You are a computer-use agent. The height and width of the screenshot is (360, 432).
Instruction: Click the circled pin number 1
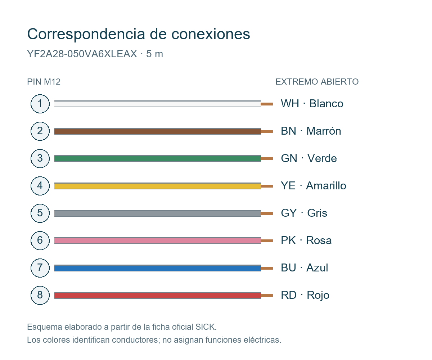point(40,104)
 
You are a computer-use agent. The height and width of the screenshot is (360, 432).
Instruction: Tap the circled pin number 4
point(40,186)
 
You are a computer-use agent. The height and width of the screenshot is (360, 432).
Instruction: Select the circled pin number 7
point(40,268)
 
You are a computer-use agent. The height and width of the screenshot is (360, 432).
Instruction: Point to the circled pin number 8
point(40,295)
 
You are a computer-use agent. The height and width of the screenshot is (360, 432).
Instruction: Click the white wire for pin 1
point(157,104)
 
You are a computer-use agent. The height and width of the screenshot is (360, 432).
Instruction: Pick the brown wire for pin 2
point(157,131)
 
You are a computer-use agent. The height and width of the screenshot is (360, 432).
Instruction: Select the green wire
point(157,158)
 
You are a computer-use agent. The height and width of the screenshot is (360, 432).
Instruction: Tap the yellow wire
point(157,186)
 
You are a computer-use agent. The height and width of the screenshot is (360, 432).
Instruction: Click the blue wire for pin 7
point(157,268)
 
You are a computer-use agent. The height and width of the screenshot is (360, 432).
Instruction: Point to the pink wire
point(157,240)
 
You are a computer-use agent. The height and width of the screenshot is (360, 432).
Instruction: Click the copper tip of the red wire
point(267,296)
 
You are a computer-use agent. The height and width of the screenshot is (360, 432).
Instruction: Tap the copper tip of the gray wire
point(267,213)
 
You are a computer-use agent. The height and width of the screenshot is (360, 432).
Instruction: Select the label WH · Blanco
point(312,103)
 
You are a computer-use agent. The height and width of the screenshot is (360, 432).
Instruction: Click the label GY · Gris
point(304,213)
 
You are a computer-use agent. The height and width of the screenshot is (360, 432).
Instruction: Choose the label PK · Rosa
point(306,240)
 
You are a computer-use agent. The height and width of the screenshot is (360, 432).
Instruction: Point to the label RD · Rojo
point(305,295)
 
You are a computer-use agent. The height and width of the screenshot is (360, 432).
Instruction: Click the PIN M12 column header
point(44,82)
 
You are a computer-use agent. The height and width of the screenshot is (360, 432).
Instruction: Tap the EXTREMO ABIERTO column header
point(317,82)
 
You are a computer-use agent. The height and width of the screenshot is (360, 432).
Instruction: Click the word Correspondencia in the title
point(86,34)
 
